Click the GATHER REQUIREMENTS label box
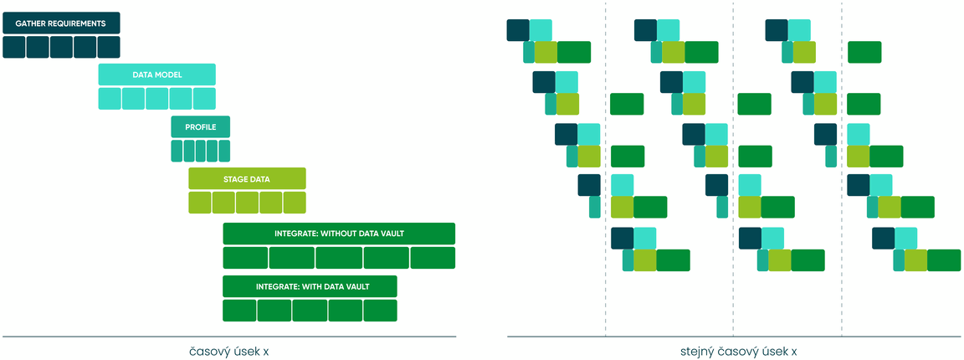pos(61,23)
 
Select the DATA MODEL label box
pos(156,75)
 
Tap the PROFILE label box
pos(201,126)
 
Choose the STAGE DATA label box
pos(247,179)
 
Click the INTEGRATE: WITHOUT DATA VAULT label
pos(339,234)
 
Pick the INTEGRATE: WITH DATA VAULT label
pos(310,286)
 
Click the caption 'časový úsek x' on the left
pos(228,352)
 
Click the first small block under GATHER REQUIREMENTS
pos(14,48)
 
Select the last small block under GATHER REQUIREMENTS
pos(109,48)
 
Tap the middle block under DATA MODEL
pos(156,99)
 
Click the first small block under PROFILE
pos(177,151)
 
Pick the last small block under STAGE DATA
pos(295,203)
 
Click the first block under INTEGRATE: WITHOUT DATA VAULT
pos(245,258)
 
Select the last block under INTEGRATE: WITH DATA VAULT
pos(380,310)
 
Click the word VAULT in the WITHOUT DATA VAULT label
pos(391,234)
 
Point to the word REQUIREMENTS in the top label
pos(77,23)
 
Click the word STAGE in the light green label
pos(235,179)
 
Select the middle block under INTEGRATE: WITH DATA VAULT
pos(310,310)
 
